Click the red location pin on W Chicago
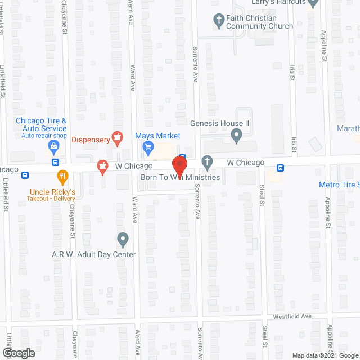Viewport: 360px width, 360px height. (179, 165)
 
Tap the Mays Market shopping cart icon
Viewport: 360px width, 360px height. (148, 148)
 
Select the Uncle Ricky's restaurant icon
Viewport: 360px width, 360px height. (63, 176)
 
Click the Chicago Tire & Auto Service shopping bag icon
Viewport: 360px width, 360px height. (53, 147)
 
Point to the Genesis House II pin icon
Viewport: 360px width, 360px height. (237, 136)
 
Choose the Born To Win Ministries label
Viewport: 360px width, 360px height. (179, 177)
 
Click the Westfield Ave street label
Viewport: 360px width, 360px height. (292, 317)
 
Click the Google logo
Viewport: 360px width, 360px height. (18, 353)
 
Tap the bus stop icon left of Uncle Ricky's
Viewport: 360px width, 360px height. (25, 175)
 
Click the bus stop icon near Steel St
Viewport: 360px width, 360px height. (280, 167)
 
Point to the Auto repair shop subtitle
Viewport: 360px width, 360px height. (44, 136)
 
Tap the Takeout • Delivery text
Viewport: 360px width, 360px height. (53, 199)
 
